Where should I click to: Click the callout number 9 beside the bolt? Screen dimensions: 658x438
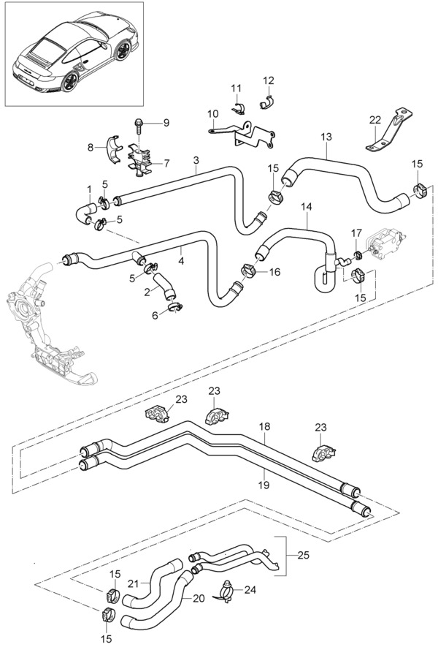pos(166,123)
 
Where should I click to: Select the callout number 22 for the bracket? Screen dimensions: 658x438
pos(374,119)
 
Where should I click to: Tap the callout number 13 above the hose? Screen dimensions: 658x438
pos(326,137)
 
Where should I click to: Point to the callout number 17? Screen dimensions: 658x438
pos(356,234)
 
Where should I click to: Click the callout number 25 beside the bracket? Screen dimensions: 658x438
pos(303,555)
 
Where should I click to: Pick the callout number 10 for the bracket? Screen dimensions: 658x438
pos(212,114)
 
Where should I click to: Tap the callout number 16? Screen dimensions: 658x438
pos(274,271)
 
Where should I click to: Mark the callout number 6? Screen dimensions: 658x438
pos(154,316)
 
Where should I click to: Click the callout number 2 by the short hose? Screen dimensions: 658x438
pos(147,292)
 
